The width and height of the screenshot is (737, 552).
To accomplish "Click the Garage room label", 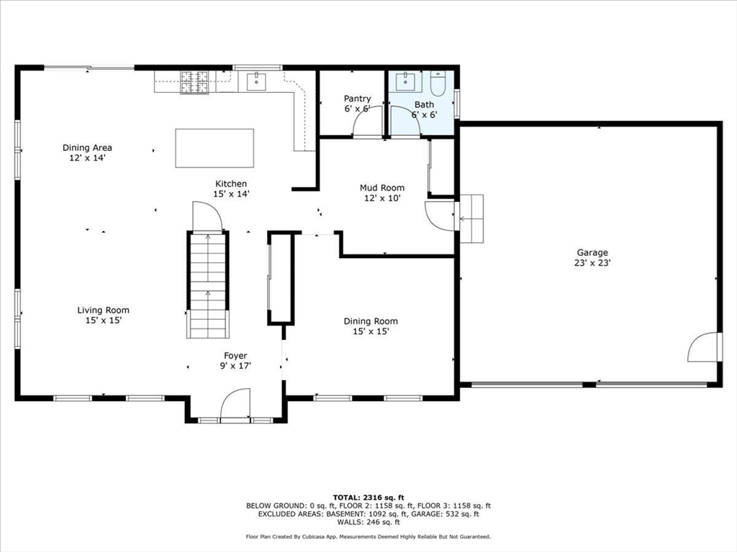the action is pyautogui.click(x=592, y=258).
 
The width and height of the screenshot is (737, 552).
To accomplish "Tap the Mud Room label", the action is pyautogui.click(x=382, y=193).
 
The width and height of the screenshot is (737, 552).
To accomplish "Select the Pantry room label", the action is pyautogui.click(x=357, y=103).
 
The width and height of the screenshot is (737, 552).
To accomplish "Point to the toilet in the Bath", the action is pyautogui.click(x=438, y=83).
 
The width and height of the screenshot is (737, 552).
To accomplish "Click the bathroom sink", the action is pyautogui.click(x=405, y=81).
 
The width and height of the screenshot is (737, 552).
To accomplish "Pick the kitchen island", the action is pyautogui.click(x=214, y=148).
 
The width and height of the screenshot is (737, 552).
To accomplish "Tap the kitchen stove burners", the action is pyautogui.click(x=194, y=82).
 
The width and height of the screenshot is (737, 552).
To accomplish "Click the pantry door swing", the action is pyautogui.click(x=368, y=121).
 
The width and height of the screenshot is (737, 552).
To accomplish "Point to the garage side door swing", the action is pyautogui.click(x=704, y=346).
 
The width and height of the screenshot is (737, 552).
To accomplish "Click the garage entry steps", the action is pyautogui.click(x=471, y=218).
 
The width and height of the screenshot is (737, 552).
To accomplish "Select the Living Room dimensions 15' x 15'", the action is pyautogui.click(x=104, y=320).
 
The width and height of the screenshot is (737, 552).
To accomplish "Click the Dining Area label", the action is pyautogui.click(x=87, y=147).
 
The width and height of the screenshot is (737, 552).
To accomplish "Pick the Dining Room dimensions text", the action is pyautogui.click(x=371, y=331).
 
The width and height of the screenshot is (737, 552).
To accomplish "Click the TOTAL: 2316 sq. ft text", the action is pyautogui.click(x=368, y=497).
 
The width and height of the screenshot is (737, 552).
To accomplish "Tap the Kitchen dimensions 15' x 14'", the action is pyautogui.click(x=231, y=194).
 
